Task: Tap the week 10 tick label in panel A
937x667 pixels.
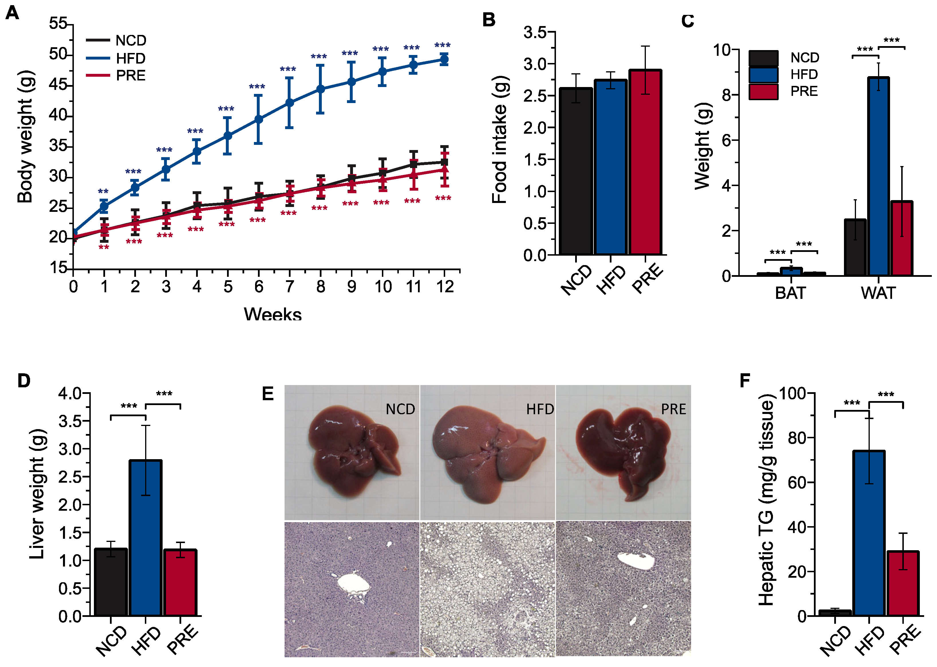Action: (x=383, y=287)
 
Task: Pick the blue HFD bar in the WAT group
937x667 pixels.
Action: (x=879, y=177)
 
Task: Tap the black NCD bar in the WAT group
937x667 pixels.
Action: (x=855, y=248)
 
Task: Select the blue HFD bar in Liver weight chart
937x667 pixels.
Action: (x=145, y=538)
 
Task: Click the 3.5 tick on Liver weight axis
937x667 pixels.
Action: (x=70, y=421)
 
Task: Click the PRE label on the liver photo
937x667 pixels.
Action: (x=673, y=409)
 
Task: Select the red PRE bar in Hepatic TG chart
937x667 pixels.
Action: (x=902, y=583)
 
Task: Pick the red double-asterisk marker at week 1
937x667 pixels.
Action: (x=104, y=248)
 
